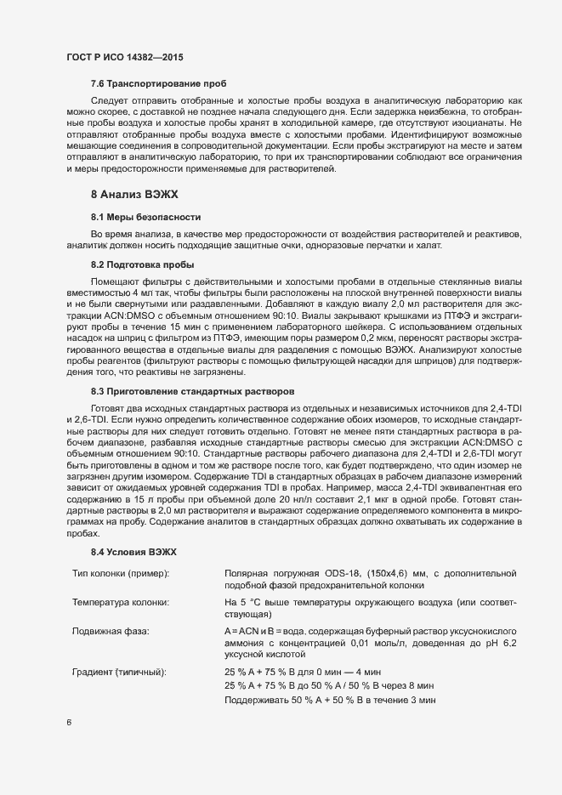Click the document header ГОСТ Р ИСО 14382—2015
[x=124, y=57]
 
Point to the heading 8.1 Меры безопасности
[x=145, y=218]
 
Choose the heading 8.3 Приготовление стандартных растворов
[x=193, y=391]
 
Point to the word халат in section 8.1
[x=427, y=245]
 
